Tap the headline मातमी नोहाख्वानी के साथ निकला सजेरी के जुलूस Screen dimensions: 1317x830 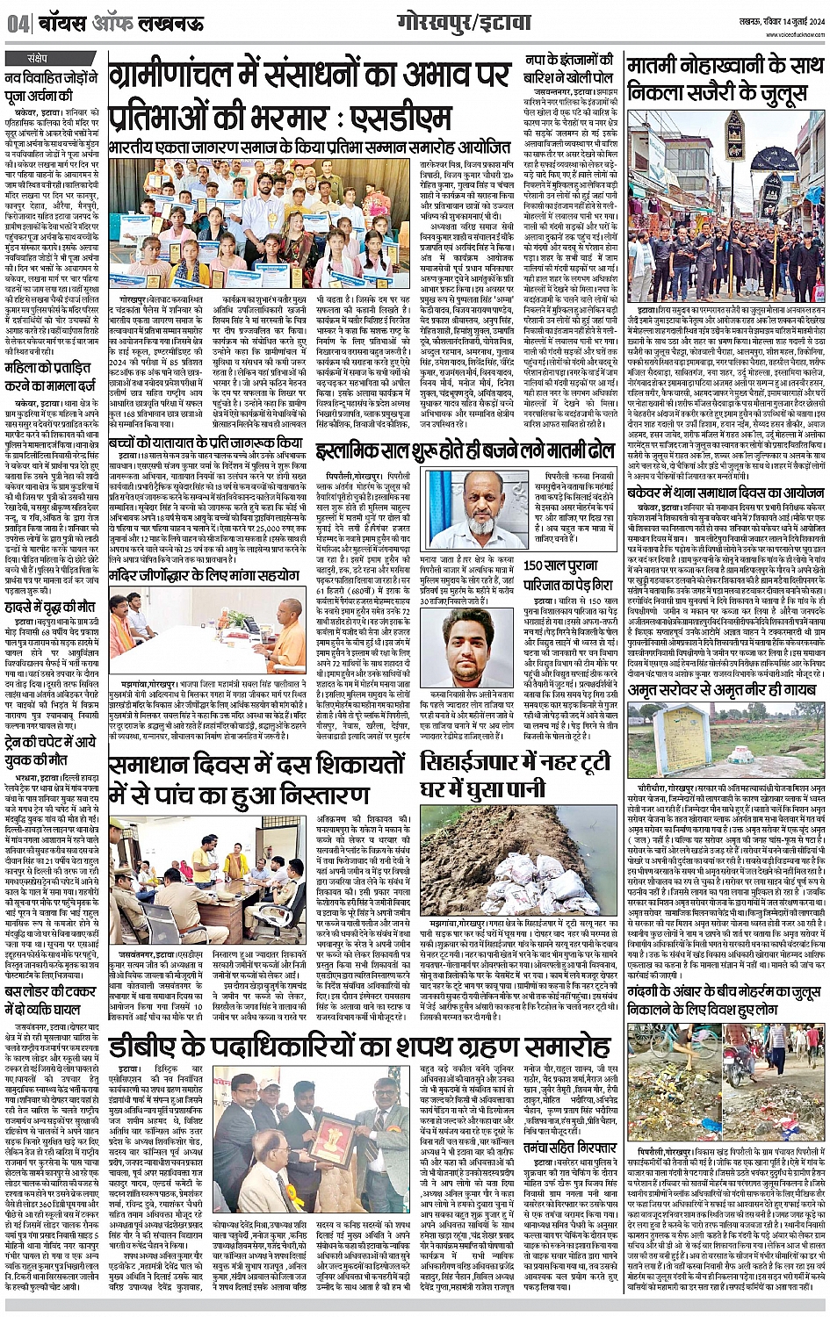pyautogui.click(x=725, y=79)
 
